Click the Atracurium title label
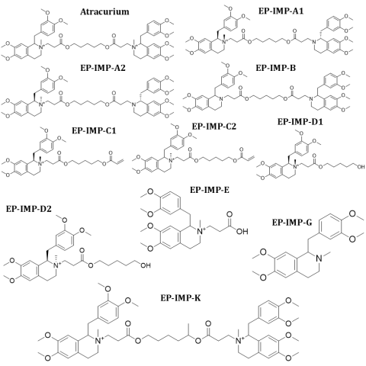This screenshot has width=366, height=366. (x=104, y=11)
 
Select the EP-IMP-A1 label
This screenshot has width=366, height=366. (x=281, y=11)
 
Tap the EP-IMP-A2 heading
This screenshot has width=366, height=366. (x=103, y=68)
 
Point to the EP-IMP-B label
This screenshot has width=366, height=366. (x=276, y=68)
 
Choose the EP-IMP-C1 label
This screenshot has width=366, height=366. (x=94, y=130)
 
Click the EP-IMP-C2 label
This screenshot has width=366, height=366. (x=214, y=126)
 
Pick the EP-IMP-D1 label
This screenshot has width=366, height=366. (x=300, y=122)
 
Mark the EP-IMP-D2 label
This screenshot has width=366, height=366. (x=29, y=209)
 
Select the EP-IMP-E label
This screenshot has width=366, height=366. (x=210, y=190)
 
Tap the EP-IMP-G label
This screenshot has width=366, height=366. (x=292, y=223)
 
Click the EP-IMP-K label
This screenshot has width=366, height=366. (x=181, y=297)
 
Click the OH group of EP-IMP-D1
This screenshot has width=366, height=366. (x=361, y=167)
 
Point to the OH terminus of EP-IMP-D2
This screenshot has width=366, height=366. (x=146, y=265)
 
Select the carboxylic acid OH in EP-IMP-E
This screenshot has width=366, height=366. (x=242, y=231)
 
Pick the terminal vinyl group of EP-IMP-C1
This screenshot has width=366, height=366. (x=120, y=161)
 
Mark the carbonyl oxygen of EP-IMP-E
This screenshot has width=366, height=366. (x=230, y=214)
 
